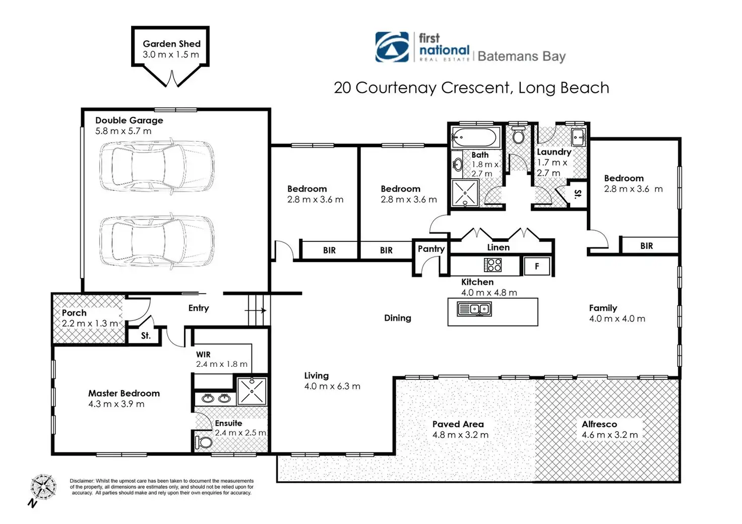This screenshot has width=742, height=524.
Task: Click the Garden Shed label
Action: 171,44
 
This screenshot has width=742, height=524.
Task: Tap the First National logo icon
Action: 392,47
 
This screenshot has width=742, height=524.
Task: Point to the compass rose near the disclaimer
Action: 43,487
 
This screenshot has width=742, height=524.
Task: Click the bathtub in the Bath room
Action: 475,138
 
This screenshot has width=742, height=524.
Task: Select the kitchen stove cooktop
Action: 492,265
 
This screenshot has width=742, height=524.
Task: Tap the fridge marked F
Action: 537,266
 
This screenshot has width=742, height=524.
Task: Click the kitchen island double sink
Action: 474,309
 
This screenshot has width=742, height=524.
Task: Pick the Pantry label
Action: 431,248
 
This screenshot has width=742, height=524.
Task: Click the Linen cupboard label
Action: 498,247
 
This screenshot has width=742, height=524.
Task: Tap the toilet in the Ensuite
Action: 203,442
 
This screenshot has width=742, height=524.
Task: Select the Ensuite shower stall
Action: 252,391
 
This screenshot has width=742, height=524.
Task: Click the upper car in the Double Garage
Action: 157,166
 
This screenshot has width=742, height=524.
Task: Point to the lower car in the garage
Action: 157,240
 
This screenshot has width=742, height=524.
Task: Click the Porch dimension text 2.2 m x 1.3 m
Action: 90,323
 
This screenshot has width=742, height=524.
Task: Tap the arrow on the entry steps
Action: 256,310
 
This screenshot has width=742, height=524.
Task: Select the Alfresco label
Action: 599,424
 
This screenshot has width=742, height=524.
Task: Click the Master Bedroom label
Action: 124,393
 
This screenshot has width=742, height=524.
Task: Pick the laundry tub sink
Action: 578,137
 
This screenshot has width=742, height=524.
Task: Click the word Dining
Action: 398,318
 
